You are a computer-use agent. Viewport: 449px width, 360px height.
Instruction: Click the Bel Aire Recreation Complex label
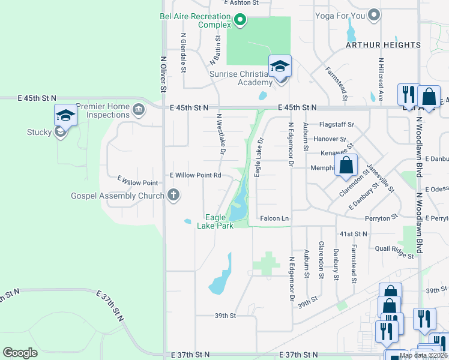195,20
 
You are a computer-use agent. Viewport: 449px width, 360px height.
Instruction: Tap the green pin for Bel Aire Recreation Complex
240,20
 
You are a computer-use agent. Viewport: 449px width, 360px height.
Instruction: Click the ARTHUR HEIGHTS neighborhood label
382,45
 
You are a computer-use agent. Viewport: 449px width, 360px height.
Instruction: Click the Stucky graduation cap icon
65,115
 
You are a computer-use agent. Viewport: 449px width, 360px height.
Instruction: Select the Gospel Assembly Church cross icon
173,195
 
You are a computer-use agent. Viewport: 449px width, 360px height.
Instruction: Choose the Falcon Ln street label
275,219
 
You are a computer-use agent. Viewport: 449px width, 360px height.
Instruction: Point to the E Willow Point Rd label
196,175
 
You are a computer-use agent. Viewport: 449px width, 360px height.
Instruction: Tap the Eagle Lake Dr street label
259,158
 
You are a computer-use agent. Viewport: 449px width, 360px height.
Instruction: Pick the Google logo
20,352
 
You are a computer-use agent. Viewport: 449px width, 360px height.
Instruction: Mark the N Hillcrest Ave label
381,74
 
